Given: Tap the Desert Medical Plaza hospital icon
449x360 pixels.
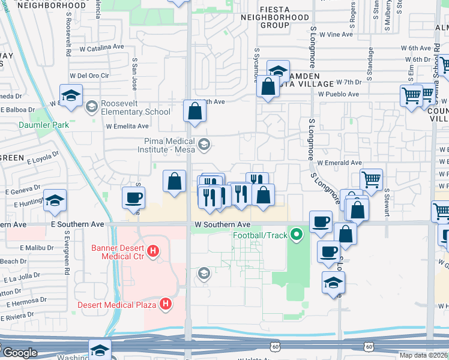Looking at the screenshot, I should click(166, 305).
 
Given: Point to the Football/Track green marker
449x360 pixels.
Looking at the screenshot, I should click(295, 233).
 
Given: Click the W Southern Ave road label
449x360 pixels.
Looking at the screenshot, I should click(217, 224).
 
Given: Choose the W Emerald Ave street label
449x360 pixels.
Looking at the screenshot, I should click(339, 163).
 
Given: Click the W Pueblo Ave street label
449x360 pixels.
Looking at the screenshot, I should click(339, 94).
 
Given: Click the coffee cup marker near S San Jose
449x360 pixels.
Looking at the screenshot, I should click(134, 197).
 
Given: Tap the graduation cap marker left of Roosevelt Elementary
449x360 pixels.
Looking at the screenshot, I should click(71, 95).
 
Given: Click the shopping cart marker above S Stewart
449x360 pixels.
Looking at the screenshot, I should click(372, 178).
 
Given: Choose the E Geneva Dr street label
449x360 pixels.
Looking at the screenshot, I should click(24, 191).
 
